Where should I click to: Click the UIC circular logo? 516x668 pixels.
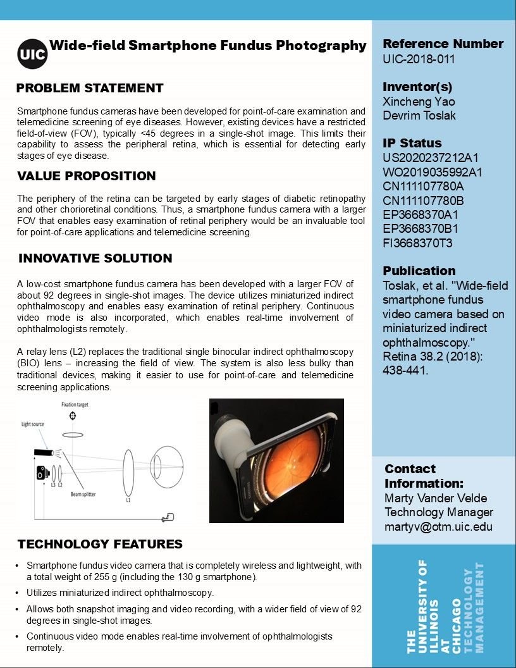click(32, 53)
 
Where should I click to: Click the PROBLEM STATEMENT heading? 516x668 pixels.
click(90, 88)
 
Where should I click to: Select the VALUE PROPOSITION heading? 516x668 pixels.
click(86, 176)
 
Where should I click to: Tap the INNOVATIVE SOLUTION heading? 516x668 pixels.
click(95, 258)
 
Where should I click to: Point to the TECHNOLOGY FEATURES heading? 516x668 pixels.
click(100, 544)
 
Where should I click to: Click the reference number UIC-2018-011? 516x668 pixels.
click(419, 59)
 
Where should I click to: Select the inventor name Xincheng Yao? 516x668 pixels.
click(419, 102)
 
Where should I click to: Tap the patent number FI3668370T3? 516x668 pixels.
click(417, 243)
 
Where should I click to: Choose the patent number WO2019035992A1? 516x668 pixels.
click(433, 172)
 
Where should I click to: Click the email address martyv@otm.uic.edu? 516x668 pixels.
click(438, 526)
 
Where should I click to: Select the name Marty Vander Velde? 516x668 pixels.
click(436, 498)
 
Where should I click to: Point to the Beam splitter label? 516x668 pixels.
click(83, 494)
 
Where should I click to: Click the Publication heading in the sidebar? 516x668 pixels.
click(419, 271)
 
